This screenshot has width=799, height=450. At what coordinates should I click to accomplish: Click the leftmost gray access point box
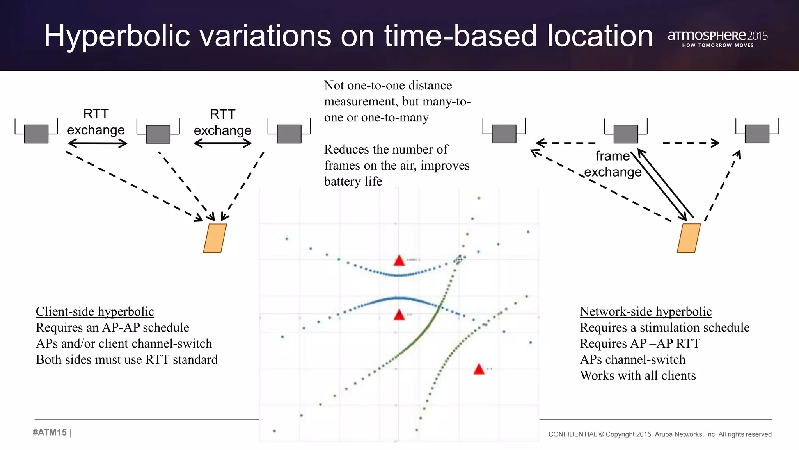pos(36,134)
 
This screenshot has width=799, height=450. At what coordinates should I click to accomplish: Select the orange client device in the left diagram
pos(215,238)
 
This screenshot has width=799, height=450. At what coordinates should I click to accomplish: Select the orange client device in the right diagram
pos(689,238)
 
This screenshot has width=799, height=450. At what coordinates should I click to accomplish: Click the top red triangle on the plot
pos(399,261)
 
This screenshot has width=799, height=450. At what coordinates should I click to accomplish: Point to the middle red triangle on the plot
pos(399,315)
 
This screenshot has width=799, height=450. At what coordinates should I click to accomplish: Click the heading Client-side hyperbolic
pos(95,311)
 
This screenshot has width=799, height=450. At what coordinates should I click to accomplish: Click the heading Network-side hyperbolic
pos(646,311)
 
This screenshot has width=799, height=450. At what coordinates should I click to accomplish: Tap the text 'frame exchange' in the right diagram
pos(613,164)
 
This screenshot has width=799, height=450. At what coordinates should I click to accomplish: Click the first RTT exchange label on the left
pos(96,122)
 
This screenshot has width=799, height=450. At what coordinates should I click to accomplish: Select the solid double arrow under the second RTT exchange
pos(222,144)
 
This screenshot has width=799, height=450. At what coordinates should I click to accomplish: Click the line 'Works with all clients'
pos(638,375)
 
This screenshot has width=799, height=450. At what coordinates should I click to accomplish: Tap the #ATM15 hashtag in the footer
pos(50,432)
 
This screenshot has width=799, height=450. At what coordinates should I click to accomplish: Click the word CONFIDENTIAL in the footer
pos(572,434)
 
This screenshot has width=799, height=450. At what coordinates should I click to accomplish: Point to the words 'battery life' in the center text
pos(353,181)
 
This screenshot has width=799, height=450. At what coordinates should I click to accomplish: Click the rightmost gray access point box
pos(757,134)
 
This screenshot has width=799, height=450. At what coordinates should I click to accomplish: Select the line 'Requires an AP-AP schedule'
pos(112,327)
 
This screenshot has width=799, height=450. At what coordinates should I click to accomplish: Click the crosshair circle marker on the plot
pos(459,259)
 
